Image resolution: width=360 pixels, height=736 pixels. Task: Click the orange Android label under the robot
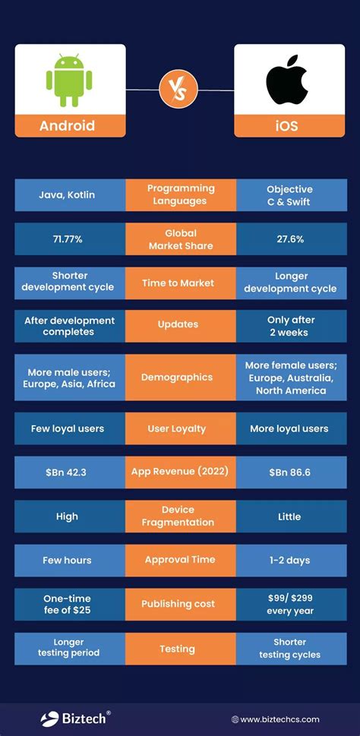(x=68, y=125)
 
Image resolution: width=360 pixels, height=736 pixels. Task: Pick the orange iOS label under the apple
(x=289, y=125)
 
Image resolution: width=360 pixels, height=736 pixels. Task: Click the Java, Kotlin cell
(x=67, y=195)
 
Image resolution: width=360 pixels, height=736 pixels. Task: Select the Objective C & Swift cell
(x=289, y=195)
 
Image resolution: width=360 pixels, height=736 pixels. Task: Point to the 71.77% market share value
(x=67, y=239)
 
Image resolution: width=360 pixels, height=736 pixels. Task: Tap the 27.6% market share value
(x=289, y=239)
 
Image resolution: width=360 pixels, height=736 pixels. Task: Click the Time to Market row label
(x=180, y=283)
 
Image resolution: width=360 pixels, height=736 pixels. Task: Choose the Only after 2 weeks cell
(x=289, y=327)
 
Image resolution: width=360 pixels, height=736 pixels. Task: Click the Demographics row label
(x=180, y=377)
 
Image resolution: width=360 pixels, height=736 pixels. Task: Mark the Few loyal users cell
(x=67, y=428)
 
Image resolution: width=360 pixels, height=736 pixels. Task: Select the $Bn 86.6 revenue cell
(x=289, y=472)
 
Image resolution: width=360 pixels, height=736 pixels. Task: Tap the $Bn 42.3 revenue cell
(x=67, y=472)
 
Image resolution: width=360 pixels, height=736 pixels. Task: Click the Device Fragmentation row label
(x=180, y=516)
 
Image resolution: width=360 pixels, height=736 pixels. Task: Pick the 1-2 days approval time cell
(x=289, y=560)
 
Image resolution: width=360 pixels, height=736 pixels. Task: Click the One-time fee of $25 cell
(x=67, y=605)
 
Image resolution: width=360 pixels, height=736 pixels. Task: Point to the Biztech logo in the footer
(x=75, y=718)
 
